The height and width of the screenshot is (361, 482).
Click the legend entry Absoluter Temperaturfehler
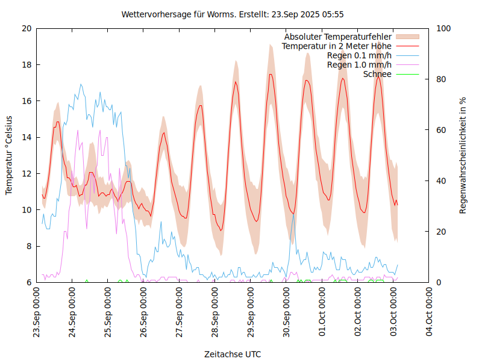click(337, 37)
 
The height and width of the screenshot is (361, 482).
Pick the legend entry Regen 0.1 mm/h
click(359, 55)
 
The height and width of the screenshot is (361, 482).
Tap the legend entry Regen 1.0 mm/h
click(359, 64)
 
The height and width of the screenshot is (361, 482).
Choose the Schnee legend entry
click(377, 74)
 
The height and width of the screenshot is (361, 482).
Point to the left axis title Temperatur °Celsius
click(9, 155)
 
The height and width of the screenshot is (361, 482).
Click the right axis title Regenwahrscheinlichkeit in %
click(463, 155)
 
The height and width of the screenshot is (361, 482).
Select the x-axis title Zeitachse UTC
click(233, 354)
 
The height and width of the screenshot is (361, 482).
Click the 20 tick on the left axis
click(26, 28)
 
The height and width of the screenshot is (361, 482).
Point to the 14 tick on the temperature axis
click(26, 137)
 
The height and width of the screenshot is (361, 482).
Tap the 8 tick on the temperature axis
click(28, 246)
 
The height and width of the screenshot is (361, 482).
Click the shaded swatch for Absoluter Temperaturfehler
click(407, 37)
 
